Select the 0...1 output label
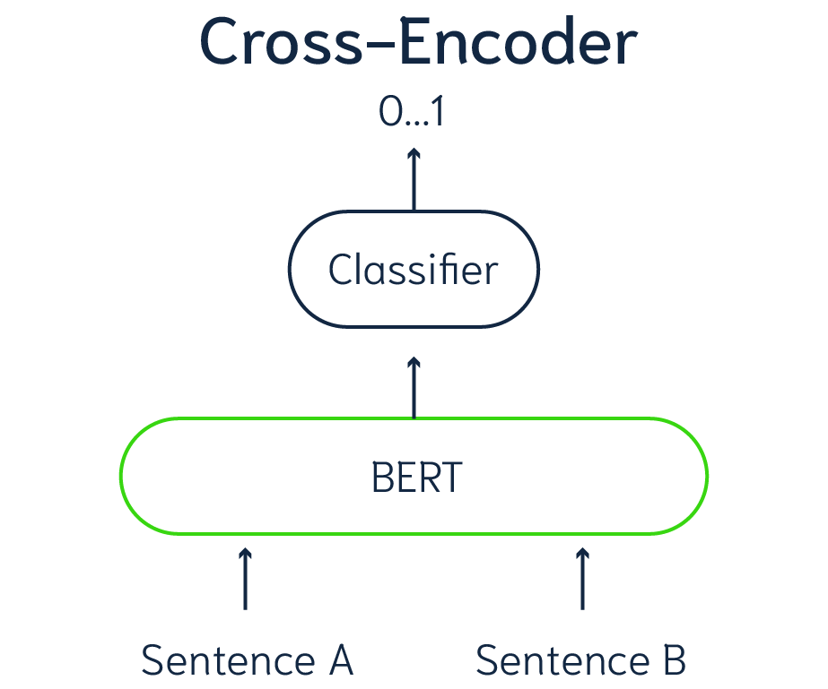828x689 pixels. (x=413, y=114)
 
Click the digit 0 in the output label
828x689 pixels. (x=390, y=114)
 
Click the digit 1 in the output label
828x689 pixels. (x=438, y=114)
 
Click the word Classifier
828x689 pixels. (x=413, y=270)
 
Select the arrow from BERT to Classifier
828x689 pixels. (x=414, y=388)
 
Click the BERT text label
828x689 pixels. (x=415, y=478)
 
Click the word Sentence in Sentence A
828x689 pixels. (x=224, y=661)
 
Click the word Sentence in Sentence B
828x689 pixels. (x=559, y=661)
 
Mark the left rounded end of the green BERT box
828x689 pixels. (x=124, y=476)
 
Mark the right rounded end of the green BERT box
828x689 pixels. (x=706, y=476)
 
